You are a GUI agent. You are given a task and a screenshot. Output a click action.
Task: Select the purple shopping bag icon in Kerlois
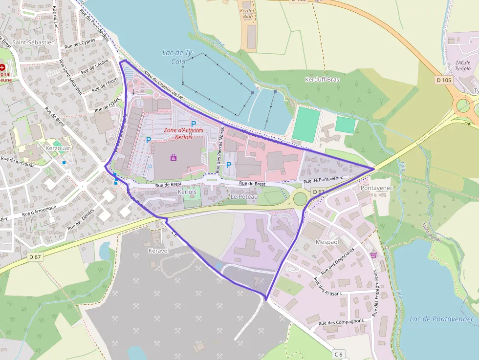coord(174,157)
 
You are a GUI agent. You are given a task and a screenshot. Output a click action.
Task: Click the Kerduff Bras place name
coord(322,79)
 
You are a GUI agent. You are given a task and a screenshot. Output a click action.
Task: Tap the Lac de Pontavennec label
coord(442,319)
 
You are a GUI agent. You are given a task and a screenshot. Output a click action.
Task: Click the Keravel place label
coord(158,251)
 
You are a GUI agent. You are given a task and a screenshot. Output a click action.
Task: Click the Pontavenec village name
coord(376,188)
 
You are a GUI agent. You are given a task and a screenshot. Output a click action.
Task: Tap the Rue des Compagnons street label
coord(341,322)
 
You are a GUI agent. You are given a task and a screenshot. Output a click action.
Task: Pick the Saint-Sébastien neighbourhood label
coord(34,42)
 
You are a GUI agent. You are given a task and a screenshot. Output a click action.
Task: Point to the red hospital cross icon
coord(3,67)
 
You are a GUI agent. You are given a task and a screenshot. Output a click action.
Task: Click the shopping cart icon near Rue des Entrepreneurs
coord(374,254)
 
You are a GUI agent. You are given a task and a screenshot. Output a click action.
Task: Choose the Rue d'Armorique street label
coord(40,210)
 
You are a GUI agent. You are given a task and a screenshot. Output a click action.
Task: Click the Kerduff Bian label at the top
coord(248,13)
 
